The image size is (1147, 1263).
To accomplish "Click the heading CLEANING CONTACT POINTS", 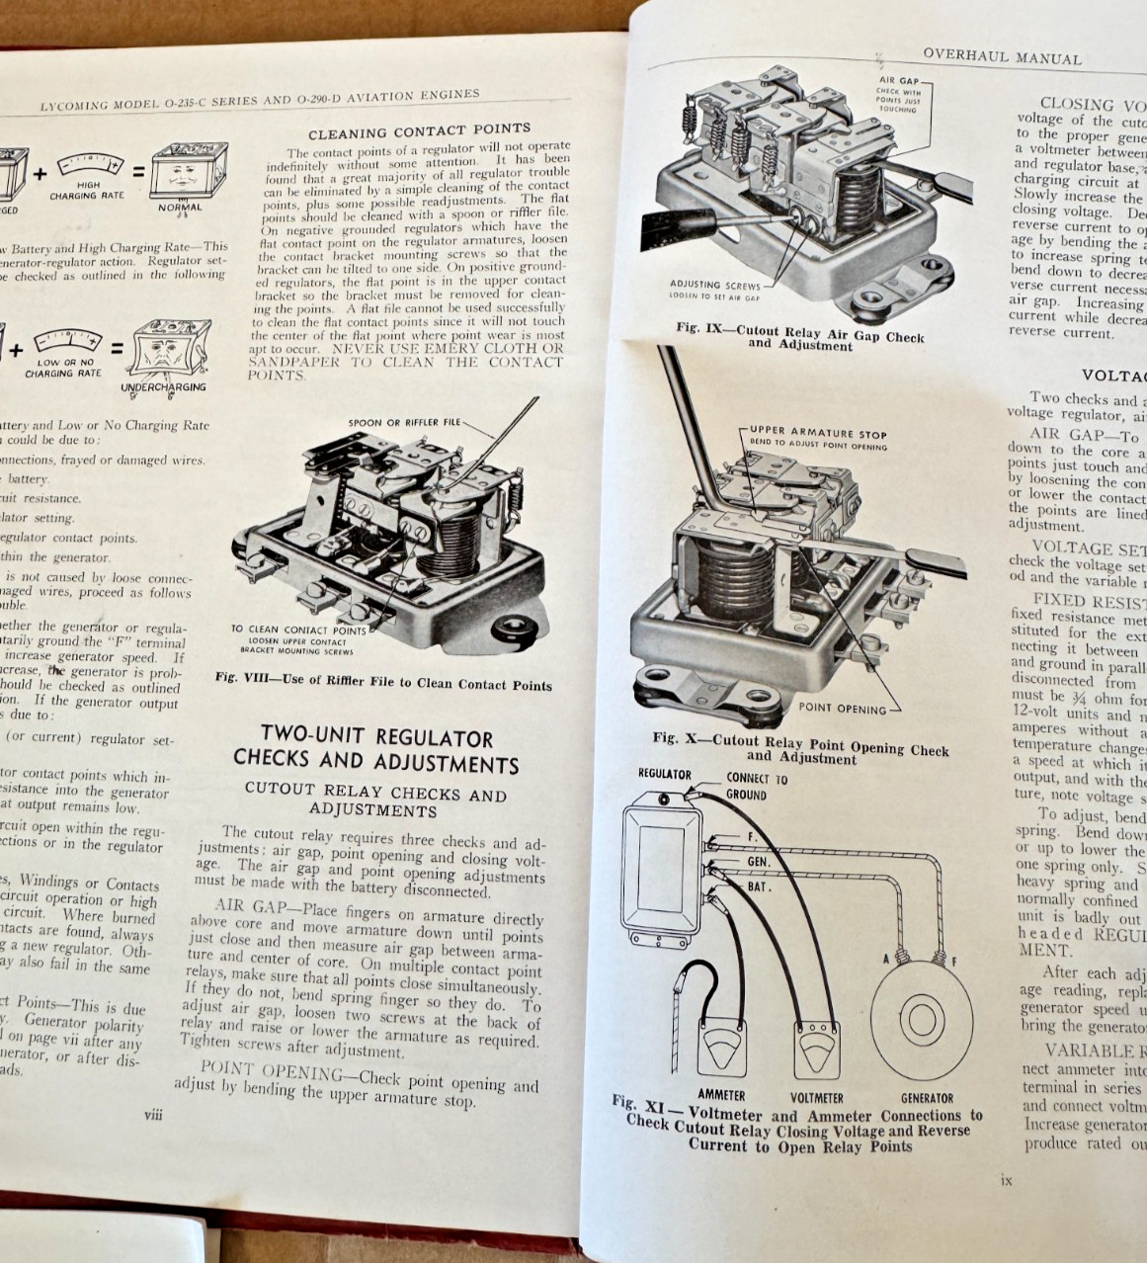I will pyautogui.click(x=419, y=130).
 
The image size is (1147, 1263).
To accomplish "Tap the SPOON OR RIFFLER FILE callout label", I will pyautogui.click(x=404, y=422).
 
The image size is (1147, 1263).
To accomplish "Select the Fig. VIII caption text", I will pyautogui.click(x=383, y=683).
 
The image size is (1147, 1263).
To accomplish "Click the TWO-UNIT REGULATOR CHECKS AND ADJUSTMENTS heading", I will pyautogui.click(x=375, y=750).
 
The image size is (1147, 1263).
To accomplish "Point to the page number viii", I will pyautogui.click(x=153, y=1113).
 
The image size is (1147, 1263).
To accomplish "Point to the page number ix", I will pyautogui.click(x=1006, y=1179).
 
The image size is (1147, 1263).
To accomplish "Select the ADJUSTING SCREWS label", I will pyautogui.click(x=715, y=285).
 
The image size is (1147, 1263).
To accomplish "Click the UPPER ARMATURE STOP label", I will pyautogui.click(x=818, y=434).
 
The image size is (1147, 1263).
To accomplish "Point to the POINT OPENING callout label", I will pyautogui.click(x=842, y=708).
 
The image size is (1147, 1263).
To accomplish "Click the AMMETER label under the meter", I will pyautogui.click(x=721, y=1095).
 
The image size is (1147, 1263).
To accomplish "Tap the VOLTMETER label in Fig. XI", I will pyautogui.click(x=816, y=1097).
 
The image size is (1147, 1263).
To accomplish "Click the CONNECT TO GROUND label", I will pyautogui.click(x=757, y=786).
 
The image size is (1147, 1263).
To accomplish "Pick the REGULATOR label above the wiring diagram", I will pyautogui.click(x=665, y=774).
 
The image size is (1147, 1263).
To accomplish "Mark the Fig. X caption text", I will pyautogui.click(x=800, y=748).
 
